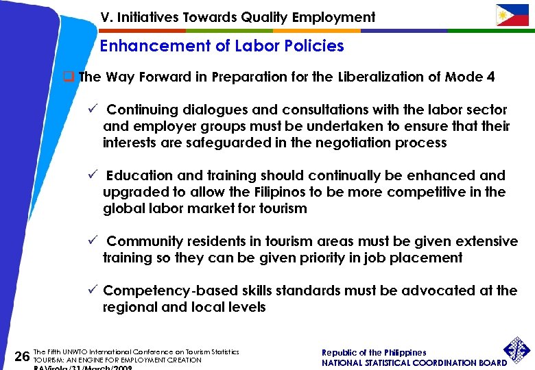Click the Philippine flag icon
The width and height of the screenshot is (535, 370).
512,15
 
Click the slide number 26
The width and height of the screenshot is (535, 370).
22,356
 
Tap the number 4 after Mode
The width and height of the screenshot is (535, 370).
490,77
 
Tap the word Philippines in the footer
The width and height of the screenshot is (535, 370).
405,353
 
